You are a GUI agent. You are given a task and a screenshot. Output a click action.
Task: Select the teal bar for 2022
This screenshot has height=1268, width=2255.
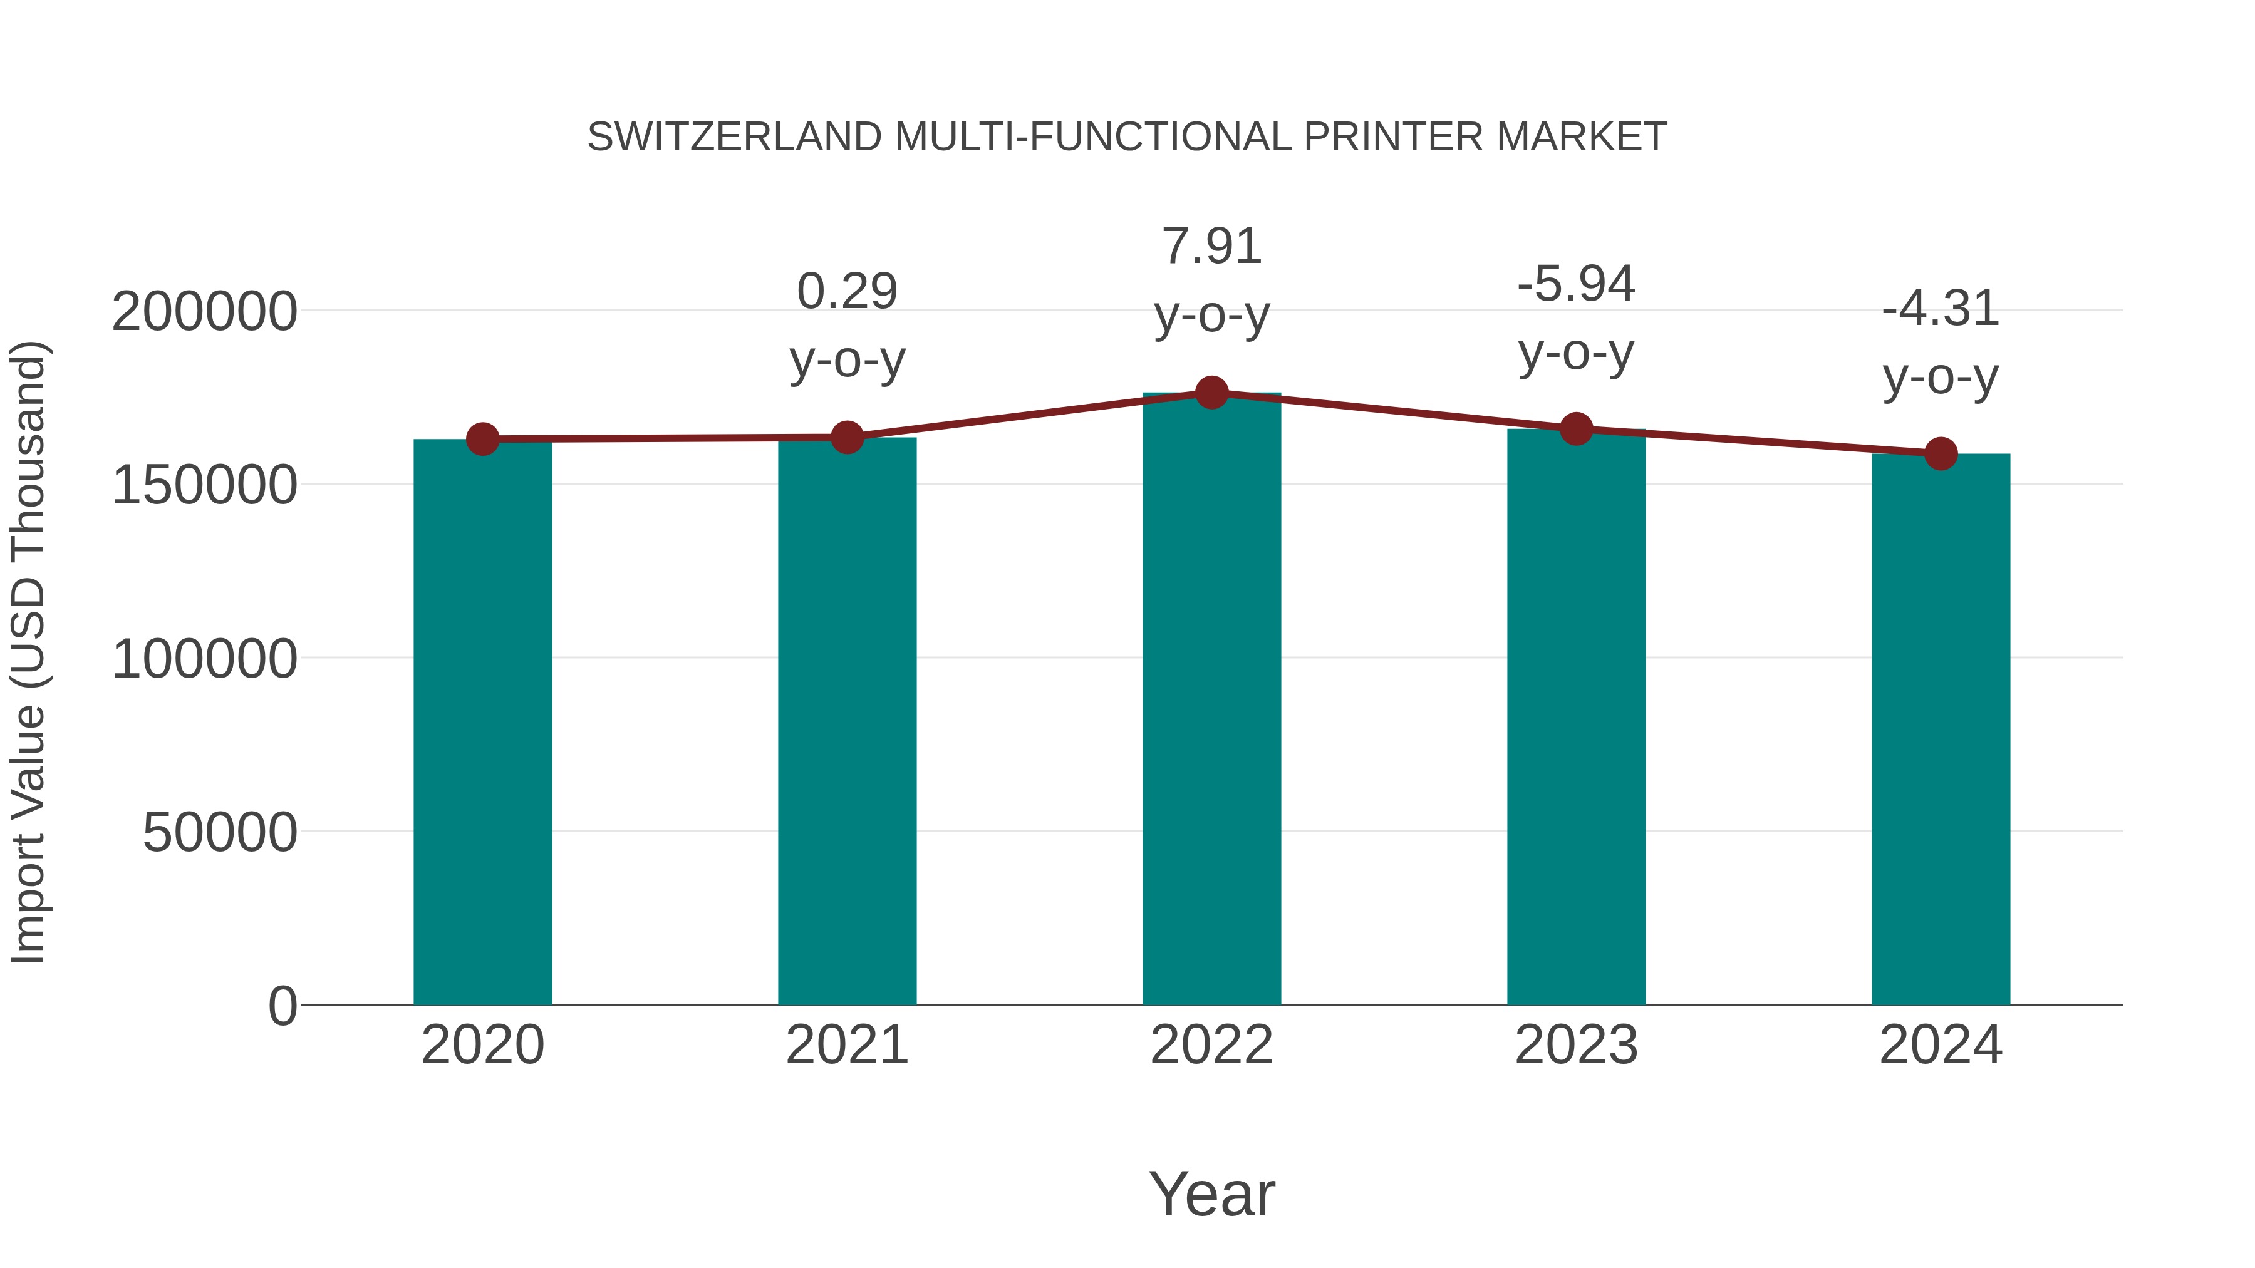tap(1211, 700)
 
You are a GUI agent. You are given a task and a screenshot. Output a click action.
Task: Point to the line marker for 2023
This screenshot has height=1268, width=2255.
tap(1576, 429)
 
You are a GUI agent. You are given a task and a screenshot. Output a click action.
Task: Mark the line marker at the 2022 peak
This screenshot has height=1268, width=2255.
tap(1211, 393)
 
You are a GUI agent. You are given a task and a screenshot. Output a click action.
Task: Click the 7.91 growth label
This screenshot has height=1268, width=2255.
tap(1211, 246)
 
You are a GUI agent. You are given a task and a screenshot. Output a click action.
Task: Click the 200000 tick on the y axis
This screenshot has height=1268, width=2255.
tap(204, 312)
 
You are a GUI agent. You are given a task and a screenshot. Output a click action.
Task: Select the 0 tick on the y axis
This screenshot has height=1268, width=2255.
tap(282, 1006)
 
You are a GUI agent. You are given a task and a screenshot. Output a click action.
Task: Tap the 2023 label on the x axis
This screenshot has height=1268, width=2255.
tap(1576, 1045)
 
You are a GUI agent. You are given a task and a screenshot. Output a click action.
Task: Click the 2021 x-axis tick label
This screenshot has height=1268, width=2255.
tap(846, 1045)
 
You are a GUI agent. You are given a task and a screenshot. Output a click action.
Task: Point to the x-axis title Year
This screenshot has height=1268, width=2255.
tap(1211, 1193)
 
